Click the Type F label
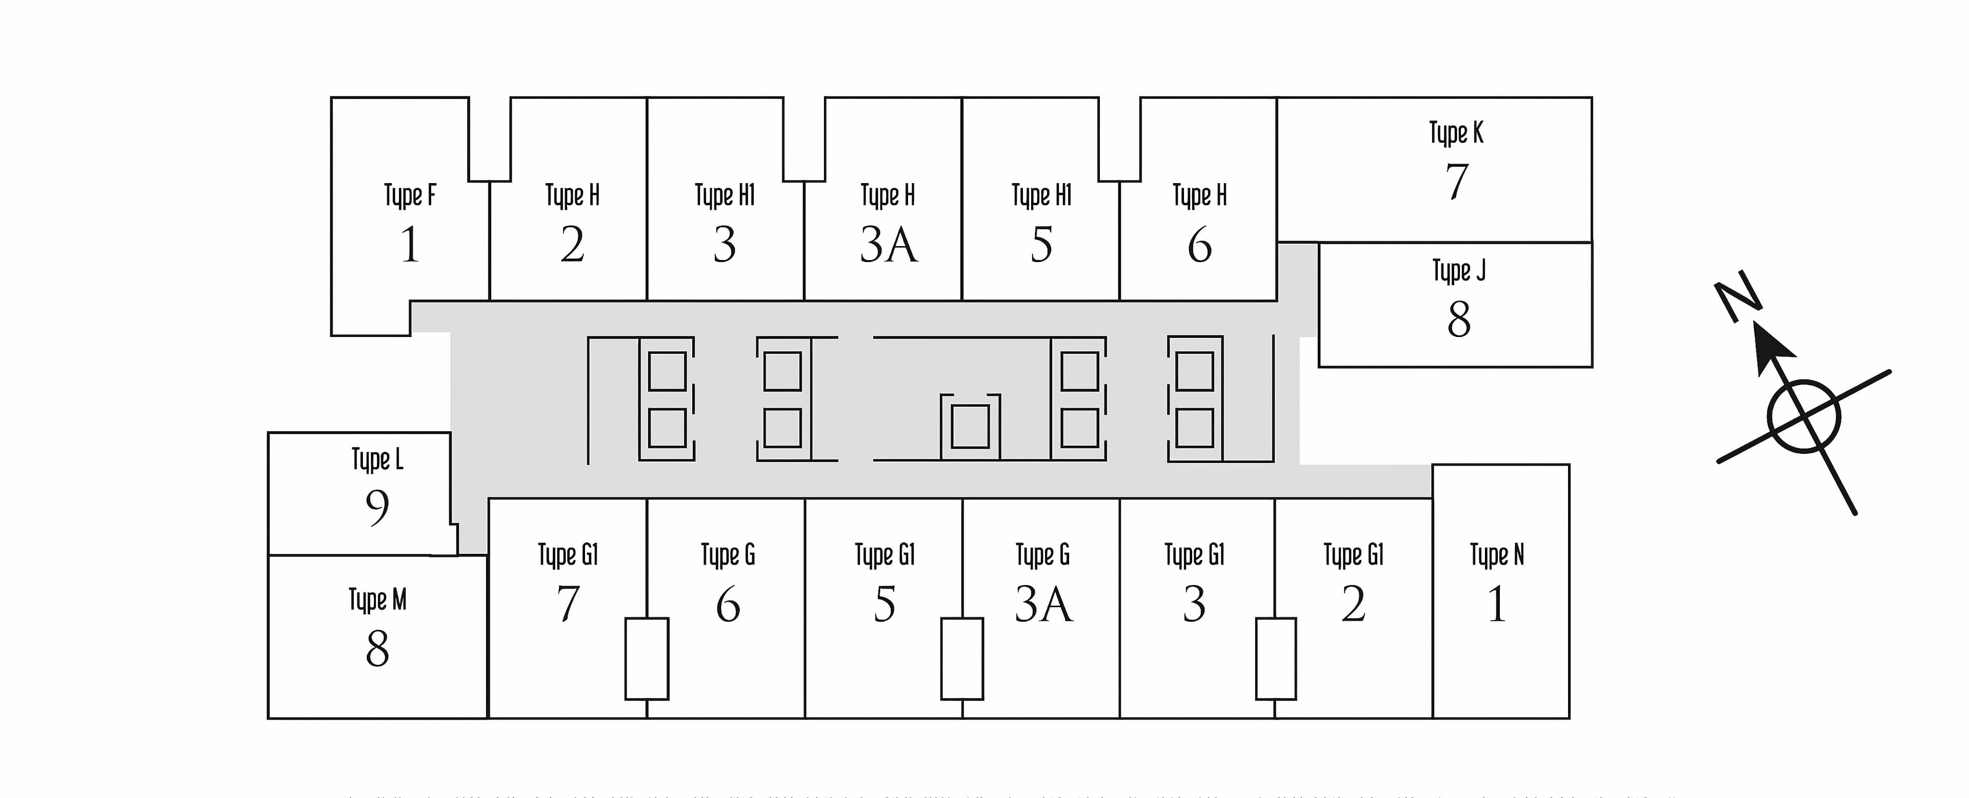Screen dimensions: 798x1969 (410, 196)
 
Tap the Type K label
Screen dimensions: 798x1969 (1456, 133)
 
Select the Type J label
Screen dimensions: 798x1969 (1458, 271)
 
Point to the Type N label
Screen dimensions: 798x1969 (1497, 555)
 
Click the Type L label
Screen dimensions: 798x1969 (377, 460)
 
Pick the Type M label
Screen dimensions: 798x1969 (377, 599)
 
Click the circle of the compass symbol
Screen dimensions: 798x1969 (1803, 416)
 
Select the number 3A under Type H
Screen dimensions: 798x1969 (888, 245)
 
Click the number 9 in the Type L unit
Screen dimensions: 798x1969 (377, 508)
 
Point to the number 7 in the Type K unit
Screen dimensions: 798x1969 (1457, 182)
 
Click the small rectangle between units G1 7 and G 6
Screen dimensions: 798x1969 (647, 658)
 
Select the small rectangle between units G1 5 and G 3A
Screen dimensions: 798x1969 (961, 658)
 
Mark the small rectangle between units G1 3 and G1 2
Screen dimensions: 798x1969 (1276, 658)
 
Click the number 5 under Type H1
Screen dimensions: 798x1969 (1041, 245)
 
